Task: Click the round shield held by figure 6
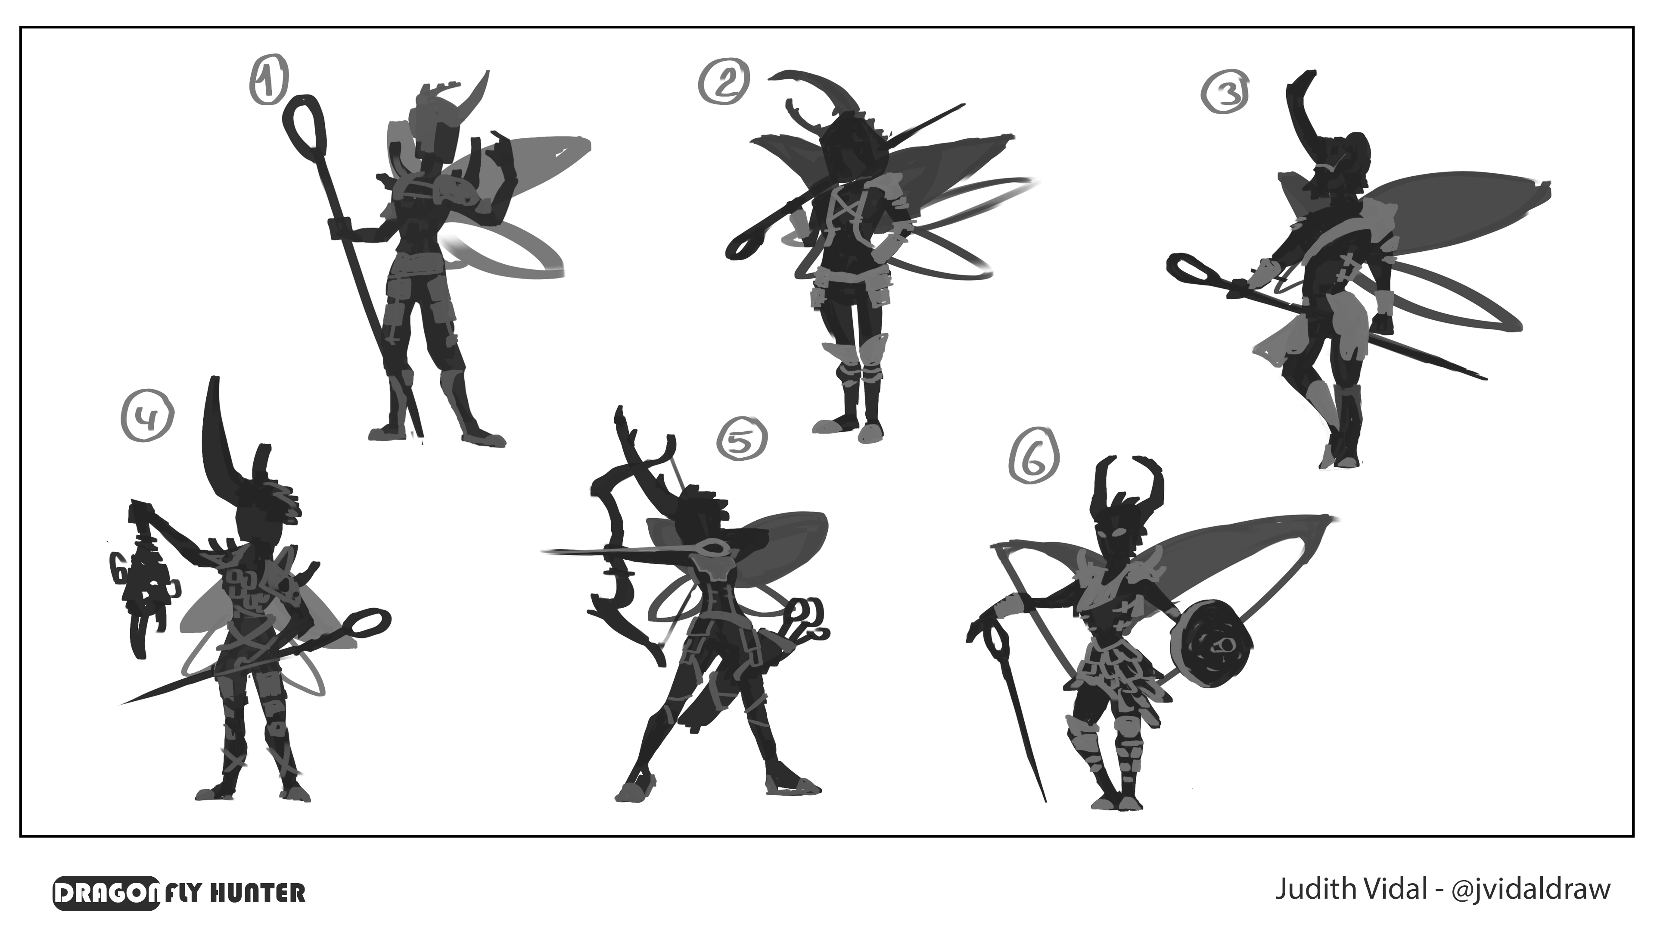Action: (x=1210, y=644)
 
